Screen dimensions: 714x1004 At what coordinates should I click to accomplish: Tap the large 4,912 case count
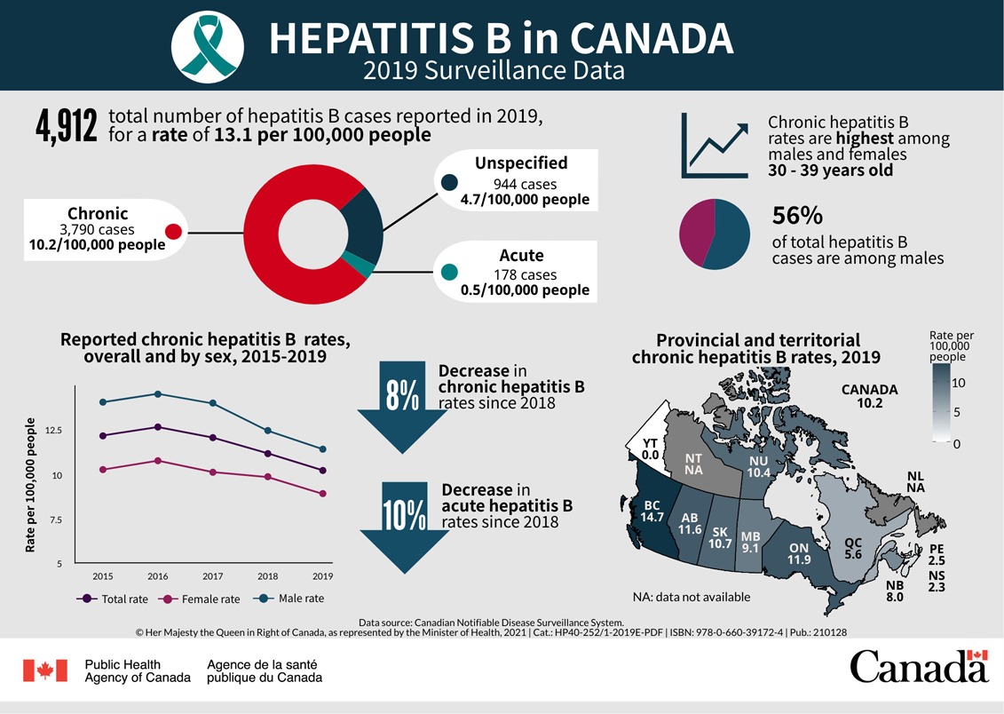66,128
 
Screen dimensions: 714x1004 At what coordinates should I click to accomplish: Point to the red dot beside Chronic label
174,232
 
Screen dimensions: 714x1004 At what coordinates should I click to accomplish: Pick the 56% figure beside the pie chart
797,216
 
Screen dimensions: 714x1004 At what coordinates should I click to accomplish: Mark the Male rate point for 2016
158,393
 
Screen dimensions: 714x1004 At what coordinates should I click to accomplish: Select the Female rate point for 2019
323,494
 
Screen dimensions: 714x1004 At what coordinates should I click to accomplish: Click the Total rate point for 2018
268,454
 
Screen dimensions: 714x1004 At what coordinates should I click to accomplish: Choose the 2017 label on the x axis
212,577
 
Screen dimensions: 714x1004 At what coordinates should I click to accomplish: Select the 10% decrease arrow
404,525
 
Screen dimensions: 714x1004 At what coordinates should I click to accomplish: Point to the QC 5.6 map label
853,548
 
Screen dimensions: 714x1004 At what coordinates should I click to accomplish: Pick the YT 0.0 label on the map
651,448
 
